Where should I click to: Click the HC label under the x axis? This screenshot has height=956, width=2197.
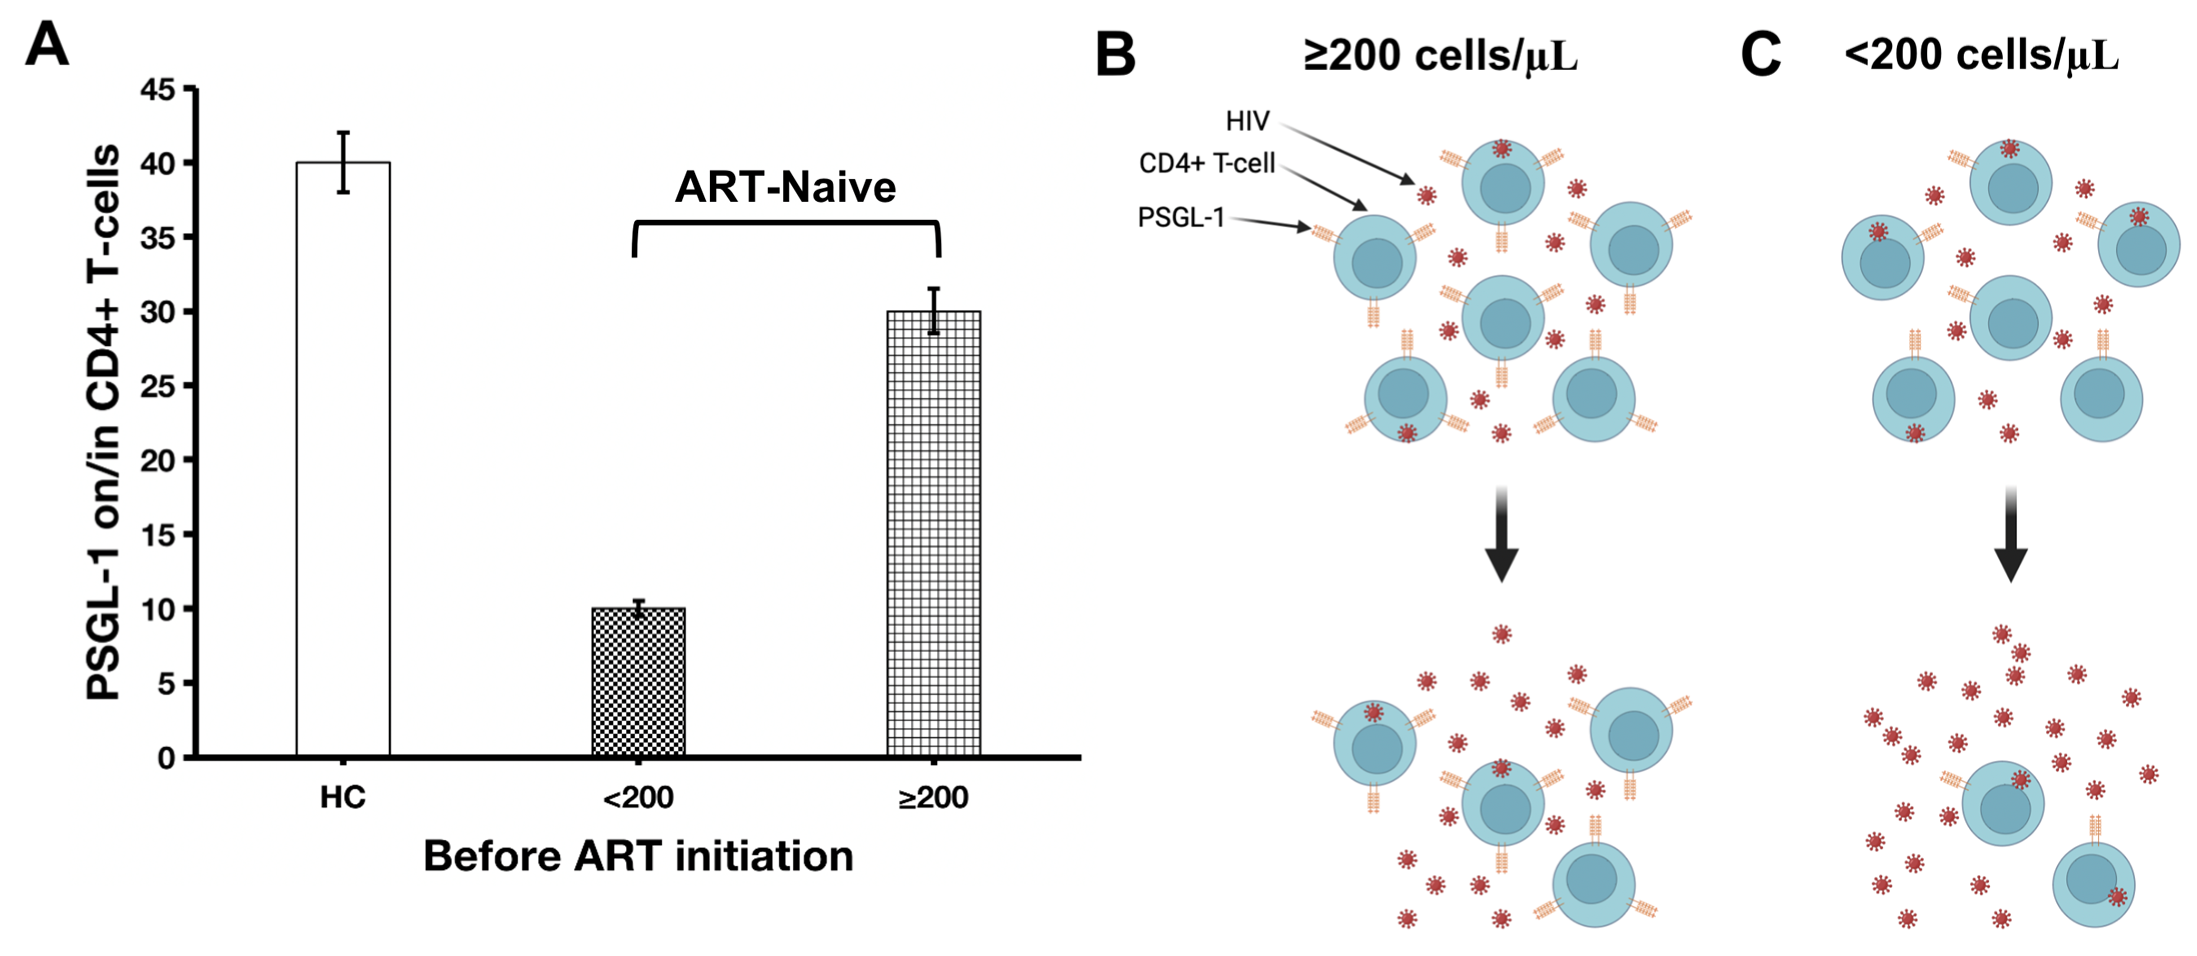point(343,797)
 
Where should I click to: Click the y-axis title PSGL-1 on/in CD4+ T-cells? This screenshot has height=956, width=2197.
point(104,422)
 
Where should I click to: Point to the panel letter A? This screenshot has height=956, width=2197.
point(47,45)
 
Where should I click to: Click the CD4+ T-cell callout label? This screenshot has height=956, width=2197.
point(1207,163)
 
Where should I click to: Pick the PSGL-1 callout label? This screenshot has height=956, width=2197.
point(1181,217)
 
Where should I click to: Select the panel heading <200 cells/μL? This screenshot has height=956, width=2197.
point(1980,56)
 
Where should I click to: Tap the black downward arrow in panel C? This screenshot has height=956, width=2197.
point(2010,537)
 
